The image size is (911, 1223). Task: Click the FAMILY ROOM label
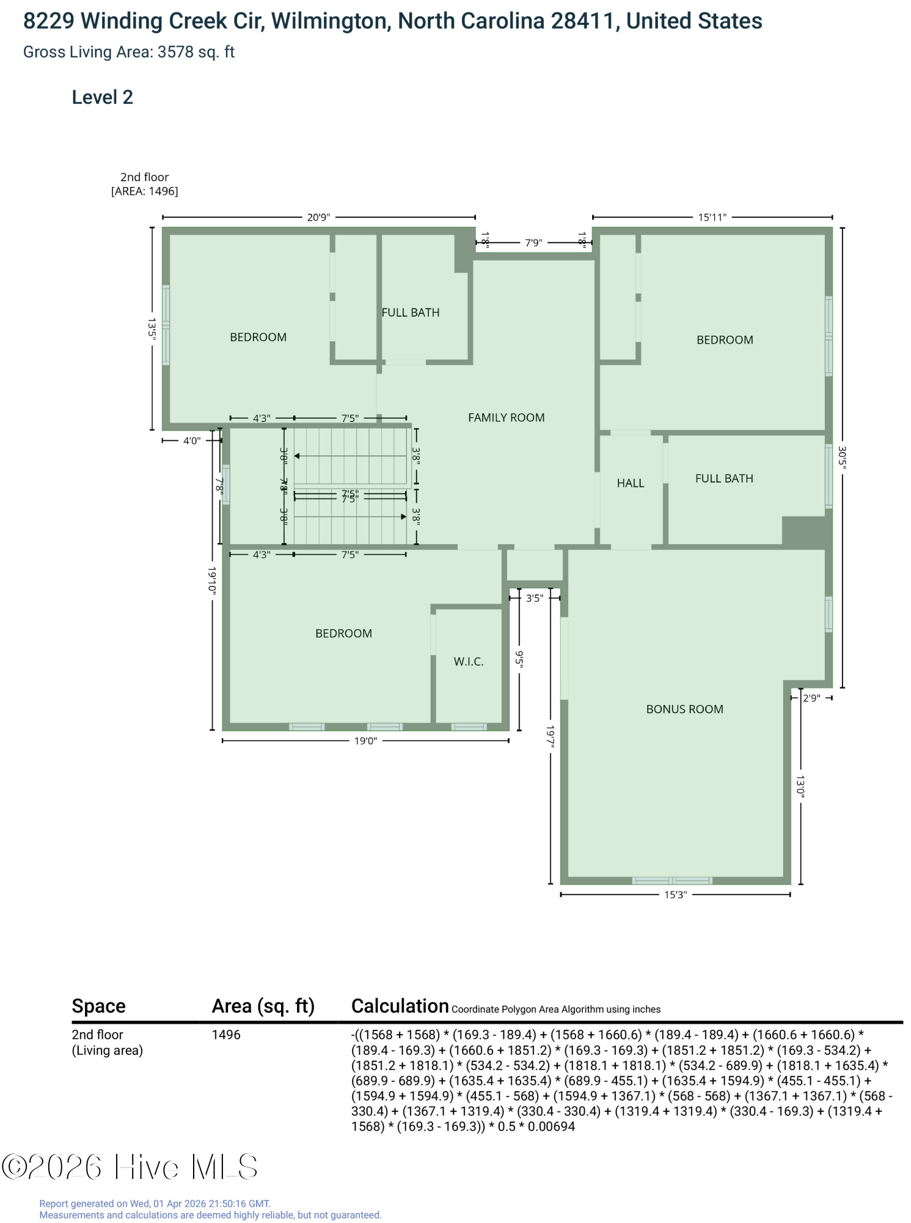506,418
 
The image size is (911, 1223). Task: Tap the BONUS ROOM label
684,709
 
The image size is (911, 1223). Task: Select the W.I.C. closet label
469,662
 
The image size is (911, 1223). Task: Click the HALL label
631,483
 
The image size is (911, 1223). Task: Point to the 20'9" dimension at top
318,217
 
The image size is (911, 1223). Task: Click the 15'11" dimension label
712,217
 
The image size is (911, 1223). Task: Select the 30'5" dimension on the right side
842,458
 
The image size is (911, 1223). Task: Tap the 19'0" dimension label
366,741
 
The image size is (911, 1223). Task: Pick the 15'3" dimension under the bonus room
675,895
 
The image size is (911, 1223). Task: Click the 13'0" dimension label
800,786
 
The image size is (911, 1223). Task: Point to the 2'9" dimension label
811,698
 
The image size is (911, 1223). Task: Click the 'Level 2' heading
103,97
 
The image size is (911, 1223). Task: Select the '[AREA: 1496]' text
145,191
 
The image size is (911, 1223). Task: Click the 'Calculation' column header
400,1006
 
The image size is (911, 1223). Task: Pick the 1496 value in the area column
226,1035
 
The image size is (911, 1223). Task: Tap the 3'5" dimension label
535,598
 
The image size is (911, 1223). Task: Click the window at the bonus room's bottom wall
672,881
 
